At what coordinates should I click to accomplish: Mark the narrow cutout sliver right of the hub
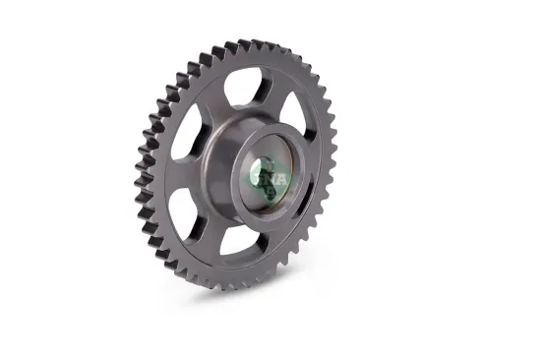pyautogui.click(x=308, y=193)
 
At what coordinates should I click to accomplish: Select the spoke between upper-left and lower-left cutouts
pyautogui.click(x=178, y=177)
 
